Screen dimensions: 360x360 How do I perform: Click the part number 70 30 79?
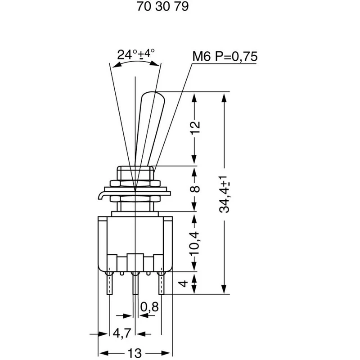click(162, 6)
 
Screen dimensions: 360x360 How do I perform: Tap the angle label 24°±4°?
click(136, 54)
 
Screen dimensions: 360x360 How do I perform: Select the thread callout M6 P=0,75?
click(225, 56)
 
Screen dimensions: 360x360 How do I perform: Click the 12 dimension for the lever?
click(195, 127)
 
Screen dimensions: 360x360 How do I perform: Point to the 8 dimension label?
click(195, 189)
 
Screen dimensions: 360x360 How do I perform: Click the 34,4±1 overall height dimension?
click(224, 194)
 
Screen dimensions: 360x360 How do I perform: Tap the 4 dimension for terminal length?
click(183, 283)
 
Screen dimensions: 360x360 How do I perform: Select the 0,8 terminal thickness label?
click(149, 306)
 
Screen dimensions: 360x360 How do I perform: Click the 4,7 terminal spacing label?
click(122, 333)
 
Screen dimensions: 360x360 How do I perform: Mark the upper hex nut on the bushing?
click(135, 183)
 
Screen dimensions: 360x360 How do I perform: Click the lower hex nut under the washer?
click(135, 198)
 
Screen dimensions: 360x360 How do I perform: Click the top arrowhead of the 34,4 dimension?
click(224, 98)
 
